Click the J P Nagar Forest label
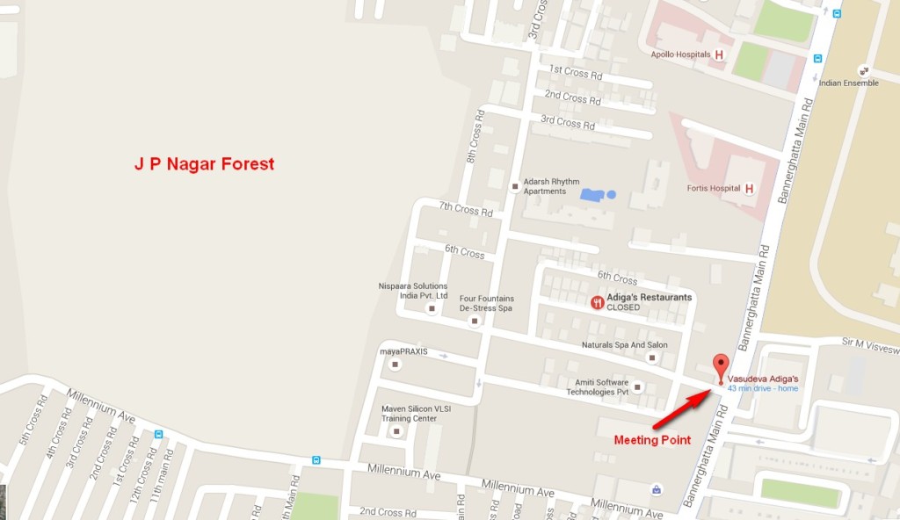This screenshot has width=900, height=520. tap(204, 164)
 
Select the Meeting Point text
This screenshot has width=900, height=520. tap(651, 439)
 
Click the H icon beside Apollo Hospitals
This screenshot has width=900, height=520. tap(720, 54)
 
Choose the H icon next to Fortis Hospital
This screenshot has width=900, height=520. tap(749, 188)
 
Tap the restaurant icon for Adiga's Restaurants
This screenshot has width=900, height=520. tap(597, 302)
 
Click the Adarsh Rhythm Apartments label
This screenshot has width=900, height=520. tap(551, 186)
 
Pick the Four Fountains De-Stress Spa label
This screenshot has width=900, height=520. tap(486, 303)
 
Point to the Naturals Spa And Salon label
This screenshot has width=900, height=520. tap(624, 345)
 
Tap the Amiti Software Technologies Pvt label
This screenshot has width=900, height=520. tap(598, 387)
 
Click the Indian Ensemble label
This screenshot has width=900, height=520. tap(848, 83)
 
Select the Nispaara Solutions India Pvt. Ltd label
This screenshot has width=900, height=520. tap(412, 291)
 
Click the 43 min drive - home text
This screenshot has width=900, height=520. tap(763, 388)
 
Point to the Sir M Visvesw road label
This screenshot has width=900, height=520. tap(869, 349)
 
